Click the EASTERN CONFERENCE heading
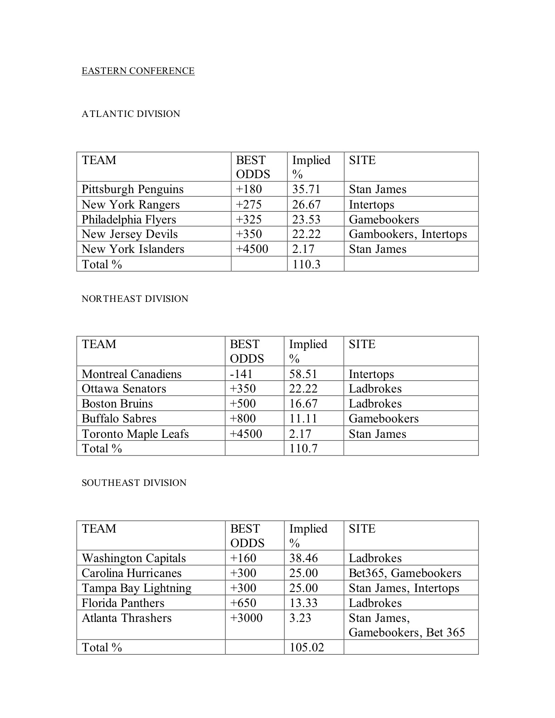[138, 71]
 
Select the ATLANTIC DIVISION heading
[131, 114]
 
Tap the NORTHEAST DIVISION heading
[135, 299]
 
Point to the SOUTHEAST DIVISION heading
[134, 483]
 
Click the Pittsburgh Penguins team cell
[132, 189]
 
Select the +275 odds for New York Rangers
[249, 204]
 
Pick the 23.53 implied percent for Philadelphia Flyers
[306, 219]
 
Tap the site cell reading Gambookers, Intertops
[408, 234]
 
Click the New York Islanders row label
[133, 249]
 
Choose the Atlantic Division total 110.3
[306, 264]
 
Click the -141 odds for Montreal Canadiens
[241, 374]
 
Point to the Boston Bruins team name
[117, 403]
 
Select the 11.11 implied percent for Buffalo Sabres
[303, 418]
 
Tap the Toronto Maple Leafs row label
[135, 434]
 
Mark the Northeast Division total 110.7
[303, 448]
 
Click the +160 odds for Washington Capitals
[243, 558]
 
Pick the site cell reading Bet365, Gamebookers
[404, 573]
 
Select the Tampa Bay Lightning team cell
[136, 588]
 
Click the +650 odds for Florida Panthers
[243, 603]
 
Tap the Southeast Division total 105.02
[307, 647]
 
